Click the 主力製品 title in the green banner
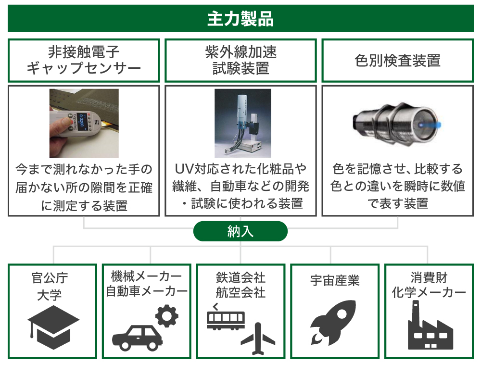pos(240,19)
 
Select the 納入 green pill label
pos(240,231)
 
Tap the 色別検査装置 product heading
pos(398,61)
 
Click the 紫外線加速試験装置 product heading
pos(240,60)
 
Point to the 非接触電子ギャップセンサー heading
pos(83,60)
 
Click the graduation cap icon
pos(53,327)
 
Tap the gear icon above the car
pos(167,315)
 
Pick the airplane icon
pos(258,338)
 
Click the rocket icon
pos(333,323)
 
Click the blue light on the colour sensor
pos(432,125)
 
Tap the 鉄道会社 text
pos(240,277)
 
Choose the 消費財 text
pos(429,277)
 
